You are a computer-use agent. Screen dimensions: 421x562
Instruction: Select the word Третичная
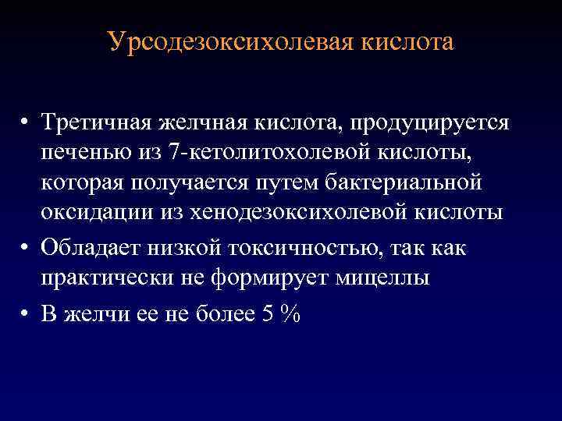pos(98,122)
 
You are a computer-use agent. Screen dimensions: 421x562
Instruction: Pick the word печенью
pos(87,153)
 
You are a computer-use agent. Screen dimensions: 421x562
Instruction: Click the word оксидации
pos(93,213)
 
